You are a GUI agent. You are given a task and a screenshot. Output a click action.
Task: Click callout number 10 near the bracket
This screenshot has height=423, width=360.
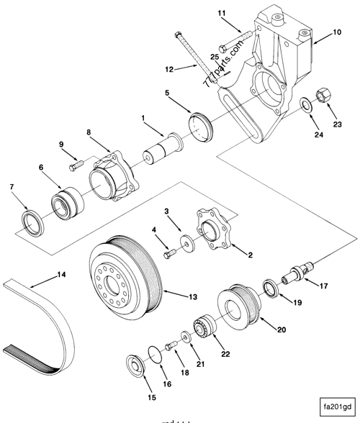tap(336, 33)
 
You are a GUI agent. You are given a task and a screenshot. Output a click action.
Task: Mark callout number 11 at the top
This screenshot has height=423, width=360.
tap(222, 13)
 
